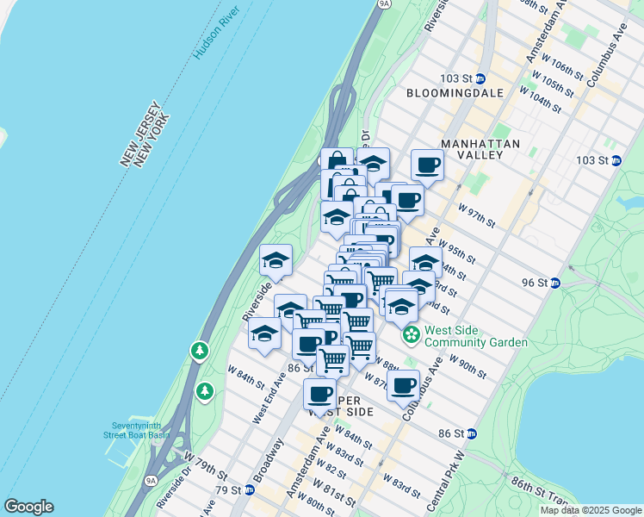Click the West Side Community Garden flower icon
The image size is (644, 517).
[412, 333]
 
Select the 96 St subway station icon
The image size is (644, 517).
[555, 283]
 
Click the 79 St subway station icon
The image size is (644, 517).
[250, 490]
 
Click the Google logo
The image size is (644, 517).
[28, 507]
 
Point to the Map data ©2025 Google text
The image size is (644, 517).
[590, 510]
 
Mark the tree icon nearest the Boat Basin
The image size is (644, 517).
[205, 392]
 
